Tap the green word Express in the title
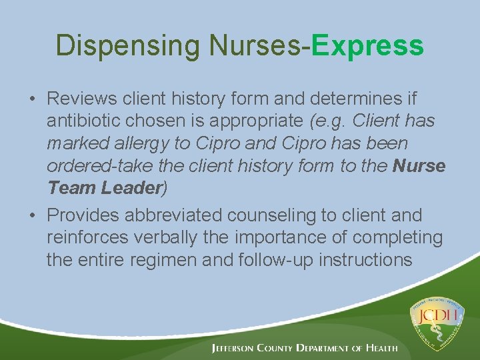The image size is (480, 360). point(367,45)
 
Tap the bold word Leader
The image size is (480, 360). point(130,188)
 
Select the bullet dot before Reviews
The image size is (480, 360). point(32,99)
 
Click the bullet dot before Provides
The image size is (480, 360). point(32,216)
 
